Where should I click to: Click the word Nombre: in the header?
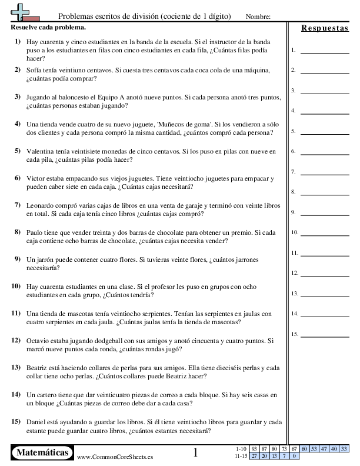[258, 16]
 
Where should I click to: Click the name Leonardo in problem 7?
[41, 205]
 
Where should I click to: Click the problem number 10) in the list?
[16, 286]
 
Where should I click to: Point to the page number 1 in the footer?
[196, 452]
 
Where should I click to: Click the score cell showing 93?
[255, 449]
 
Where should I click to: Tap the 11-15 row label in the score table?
[241, 455]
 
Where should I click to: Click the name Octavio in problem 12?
[39, 340]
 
